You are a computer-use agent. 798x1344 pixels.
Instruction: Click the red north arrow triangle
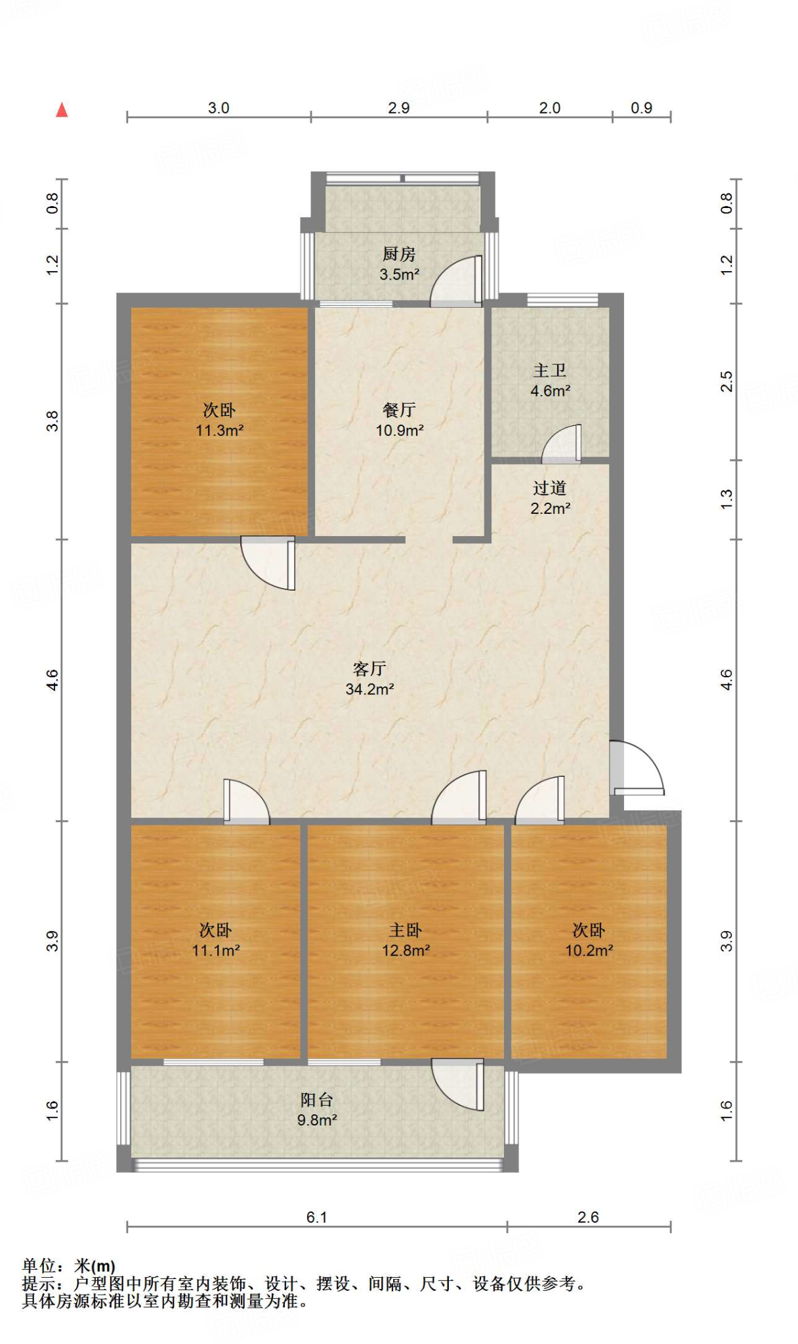click(62, 110)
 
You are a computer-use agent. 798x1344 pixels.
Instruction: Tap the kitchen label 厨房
click(399, 254)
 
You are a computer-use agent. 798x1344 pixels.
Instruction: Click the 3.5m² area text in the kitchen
click(399, 274)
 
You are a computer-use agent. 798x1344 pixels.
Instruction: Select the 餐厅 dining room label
click(399, 410)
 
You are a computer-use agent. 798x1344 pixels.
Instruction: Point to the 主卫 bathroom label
click(550, 371)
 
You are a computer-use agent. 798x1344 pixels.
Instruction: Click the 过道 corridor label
click(550, 488)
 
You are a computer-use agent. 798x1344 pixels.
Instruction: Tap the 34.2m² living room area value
click(369, 689)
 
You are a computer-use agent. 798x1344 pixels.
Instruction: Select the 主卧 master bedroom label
click(406, 930)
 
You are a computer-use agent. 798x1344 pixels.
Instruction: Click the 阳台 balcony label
click(317, 1100)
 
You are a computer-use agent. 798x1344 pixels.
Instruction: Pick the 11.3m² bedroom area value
click(220, 430)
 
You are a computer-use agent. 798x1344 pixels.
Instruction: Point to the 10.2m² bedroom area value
click(589, 950)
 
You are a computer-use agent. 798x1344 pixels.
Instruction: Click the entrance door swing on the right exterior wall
click(638, 768)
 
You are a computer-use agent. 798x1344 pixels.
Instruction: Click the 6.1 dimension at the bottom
click(316, 1217)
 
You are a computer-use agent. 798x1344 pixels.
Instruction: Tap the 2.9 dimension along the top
click(398, 108)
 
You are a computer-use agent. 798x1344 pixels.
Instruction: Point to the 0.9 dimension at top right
click(641, 108)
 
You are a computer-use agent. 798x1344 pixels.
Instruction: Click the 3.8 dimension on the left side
click(52, 421)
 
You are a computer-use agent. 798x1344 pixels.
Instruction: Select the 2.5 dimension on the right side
click(726, 381)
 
